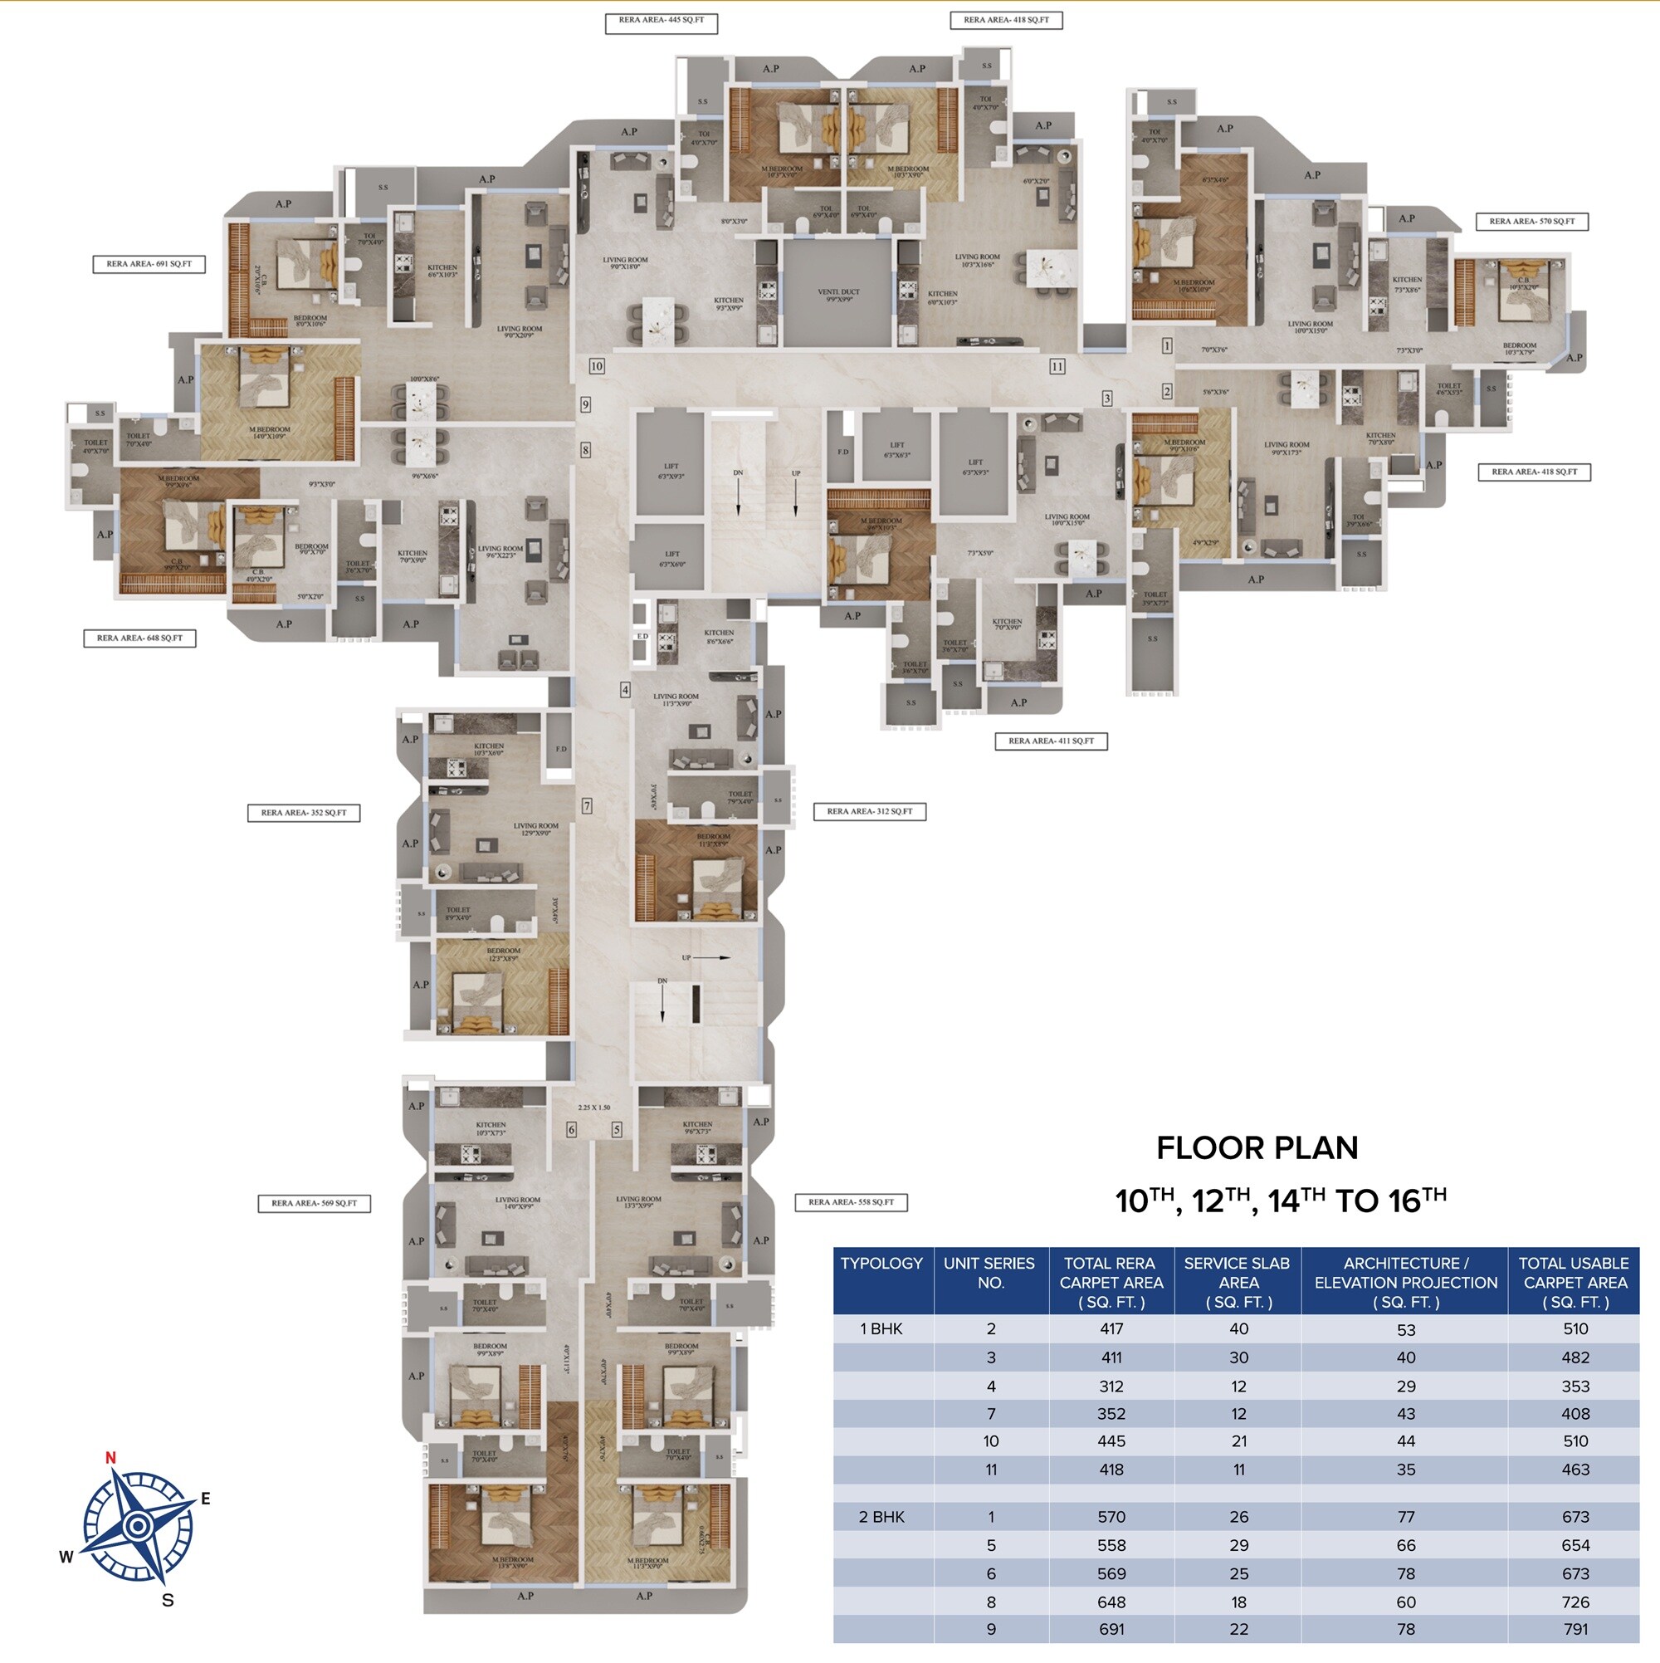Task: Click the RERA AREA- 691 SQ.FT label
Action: [149, 264]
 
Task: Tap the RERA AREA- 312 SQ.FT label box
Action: [869, 811]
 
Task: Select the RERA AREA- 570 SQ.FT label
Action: [1532, 221]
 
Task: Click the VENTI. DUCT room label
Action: [838, 296]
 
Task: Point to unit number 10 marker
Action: [597, 366]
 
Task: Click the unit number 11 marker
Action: [1057, 367]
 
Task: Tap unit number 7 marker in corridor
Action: [587, 805]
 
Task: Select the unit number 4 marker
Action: [626, 689]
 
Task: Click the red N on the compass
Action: [110, 1457]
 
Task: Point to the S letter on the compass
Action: [168, 1600]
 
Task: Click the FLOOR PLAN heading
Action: [1257, 1147]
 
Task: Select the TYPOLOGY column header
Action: [881, 1263]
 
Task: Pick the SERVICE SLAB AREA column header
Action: [1237, 1282]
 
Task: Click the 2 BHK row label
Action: [881, 1517]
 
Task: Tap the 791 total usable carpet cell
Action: [1575, 1629]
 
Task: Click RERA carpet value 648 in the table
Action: [1111, 1602]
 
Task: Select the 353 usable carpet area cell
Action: [1575, 1386]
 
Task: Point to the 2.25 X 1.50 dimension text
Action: [593, 1108]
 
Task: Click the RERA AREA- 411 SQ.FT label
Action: [1051, 741]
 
